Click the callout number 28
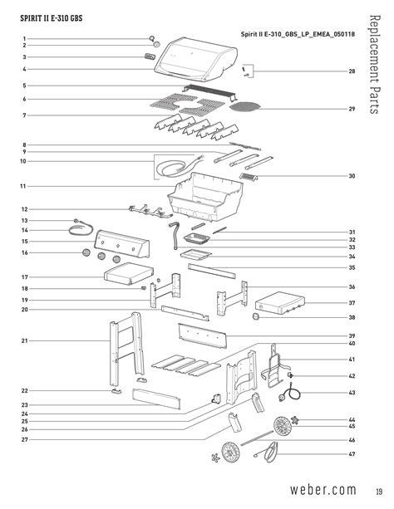(352, 71)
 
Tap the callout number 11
(22, 186)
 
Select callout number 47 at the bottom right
(352, 454)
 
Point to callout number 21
(25, 340)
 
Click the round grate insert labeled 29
(244, 105)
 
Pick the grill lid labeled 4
(195, 60)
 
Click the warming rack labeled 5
(210, 91)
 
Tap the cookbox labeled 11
(205, 197)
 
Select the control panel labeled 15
(121, 243)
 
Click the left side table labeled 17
(128, 273)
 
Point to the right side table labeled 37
(280, 302)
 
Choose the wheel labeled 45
(283, 426)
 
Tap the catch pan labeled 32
(197, 238)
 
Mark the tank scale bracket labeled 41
(274, 366)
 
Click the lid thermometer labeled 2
(157, 44)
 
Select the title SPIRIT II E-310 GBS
(52, 18)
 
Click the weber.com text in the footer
(323, 489)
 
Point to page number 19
(379, 491)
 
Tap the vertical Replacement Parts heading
(375, 64)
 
